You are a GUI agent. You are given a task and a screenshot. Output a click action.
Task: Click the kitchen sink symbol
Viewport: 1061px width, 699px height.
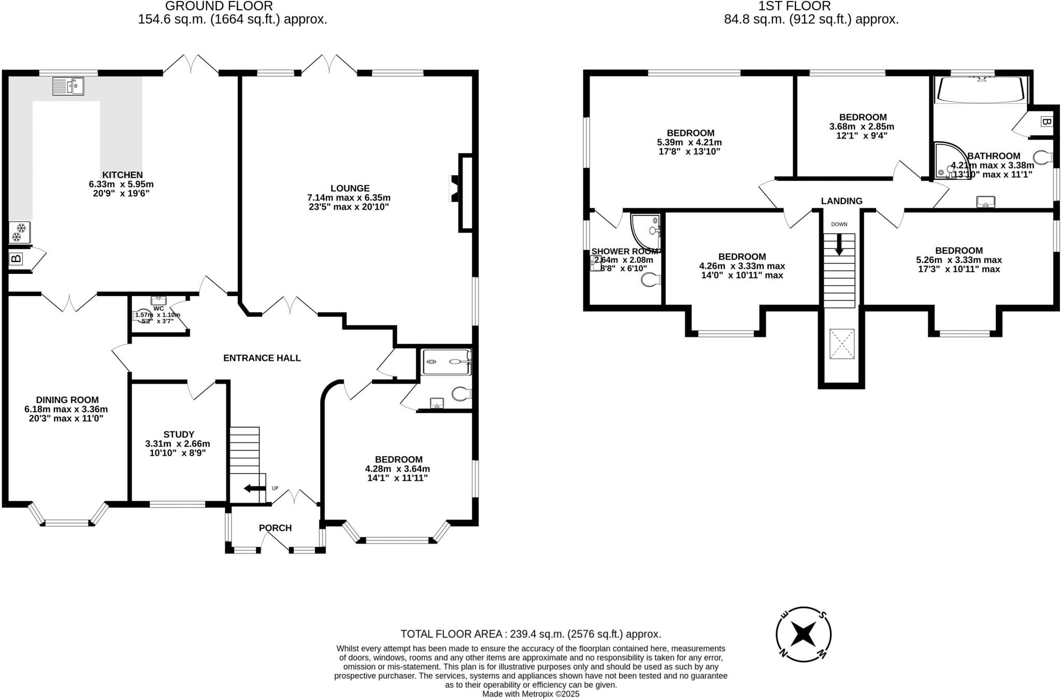coord(68,86)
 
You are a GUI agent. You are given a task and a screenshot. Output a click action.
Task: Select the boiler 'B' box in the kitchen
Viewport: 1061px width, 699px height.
coord(16,258)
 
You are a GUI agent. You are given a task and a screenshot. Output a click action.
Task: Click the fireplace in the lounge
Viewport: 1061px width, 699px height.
coord(455,188)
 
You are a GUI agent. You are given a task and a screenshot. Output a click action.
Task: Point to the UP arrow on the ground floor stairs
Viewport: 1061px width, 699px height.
coord(254,488)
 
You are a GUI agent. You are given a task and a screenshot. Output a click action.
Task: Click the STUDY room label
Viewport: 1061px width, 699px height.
coord(179,435)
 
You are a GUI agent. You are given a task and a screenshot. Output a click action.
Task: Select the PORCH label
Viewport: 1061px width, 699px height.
coord(275,528)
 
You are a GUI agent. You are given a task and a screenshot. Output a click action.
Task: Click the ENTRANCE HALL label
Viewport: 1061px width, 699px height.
coord(262,358)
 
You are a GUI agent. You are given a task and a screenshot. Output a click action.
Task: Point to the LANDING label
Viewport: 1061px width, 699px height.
coord(841,201)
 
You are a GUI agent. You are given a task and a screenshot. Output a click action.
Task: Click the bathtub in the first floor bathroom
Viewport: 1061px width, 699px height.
coord(980,90)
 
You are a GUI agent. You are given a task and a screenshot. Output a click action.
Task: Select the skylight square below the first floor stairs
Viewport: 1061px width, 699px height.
coord(841,344)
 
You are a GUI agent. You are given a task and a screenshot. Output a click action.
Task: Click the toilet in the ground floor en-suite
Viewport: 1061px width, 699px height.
coord(460,394)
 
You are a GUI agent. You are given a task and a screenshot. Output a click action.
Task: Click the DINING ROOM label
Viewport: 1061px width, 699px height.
coord(67,400)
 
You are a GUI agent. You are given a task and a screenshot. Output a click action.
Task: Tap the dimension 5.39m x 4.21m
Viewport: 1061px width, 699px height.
coord(689,143)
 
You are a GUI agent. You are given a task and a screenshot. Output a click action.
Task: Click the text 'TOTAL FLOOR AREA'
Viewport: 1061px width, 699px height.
coord(451,634)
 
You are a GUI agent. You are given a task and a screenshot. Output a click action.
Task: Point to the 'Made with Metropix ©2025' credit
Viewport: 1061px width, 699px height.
coord(530,694)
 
